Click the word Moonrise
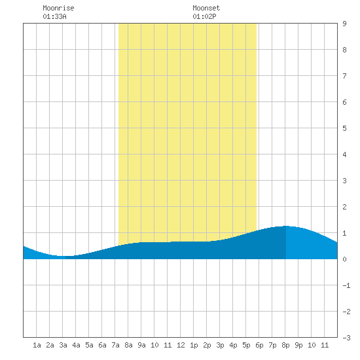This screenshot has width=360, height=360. (x=58, y=8)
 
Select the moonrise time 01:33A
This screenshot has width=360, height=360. (x=54, y=16)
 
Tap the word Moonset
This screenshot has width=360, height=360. (x=206, y=8)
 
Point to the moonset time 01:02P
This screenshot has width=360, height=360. (x=204, y=16)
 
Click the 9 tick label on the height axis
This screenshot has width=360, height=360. (x=344, y=24)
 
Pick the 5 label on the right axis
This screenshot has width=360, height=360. (x=344, y=128)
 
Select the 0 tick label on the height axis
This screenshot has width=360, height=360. (x=344, y=259)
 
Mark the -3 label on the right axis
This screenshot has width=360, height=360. (x=346, y=338)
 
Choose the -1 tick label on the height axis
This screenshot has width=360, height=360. (x=346, y=285)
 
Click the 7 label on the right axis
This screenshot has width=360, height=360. (x=344, y=76)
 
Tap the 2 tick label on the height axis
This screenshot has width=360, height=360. (x=344, y=207)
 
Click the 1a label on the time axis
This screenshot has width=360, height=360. (x=37, y=345)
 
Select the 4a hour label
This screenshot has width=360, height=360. (x=76, y=345)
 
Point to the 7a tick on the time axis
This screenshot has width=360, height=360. (x=115, y=345)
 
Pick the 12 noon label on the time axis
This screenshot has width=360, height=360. (x=181, y=345)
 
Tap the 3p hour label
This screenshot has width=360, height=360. (x=220, y=345)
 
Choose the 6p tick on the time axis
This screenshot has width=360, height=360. (x=259, y=345)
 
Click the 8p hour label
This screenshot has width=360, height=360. (x=285, y=345)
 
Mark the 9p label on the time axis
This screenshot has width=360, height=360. (x=298, y=345)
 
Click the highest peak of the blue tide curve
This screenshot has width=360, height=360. (x=286, y=226)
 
